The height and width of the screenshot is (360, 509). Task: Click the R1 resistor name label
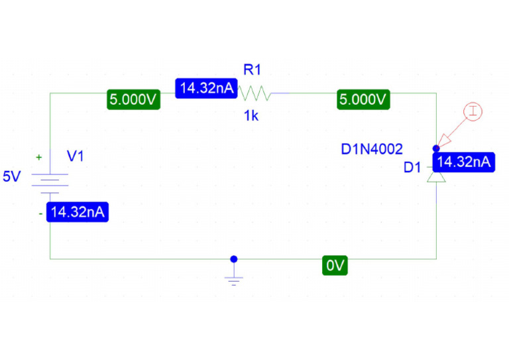pyautogui.click(x=252, y=70)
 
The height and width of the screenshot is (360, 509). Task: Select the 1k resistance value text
pyautogui.click(x=251, y=116)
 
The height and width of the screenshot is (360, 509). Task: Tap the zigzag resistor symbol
pyautogui.click(x=256, y=93)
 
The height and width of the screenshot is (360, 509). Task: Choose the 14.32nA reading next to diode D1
pyautogui.click(x=465, y=162)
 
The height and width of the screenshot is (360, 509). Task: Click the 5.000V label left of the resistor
pyautogui.click(x=134, y=100)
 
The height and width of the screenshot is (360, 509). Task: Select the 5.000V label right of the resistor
pyautogui.click(x=363, y=100)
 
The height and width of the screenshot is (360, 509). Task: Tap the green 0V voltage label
pyautogui.click(x=335, y=266)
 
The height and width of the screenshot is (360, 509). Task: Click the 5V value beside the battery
pyautogui.click(x=12, y=177)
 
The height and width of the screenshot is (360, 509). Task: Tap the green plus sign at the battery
pyautogui.click(x=39, y=158)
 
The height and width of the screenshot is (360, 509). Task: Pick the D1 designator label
pyautogui.click(x=412, y=168)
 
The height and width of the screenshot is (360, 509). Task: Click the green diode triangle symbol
pyautogui.click(x=436, y=177)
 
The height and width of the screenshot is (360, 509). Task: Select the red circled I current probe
pyautogui.click(x=472, y=111)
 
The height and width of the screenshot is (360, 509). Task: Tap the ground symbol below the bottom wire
pyautogui.click(x=233, y=278)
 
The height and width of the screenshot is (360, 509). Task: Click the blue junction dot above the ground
pyautogui.click(x=233, y=259)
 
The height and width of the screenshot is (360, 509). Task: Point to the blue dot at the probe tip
pyautogui.click(x=436, y=148)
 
